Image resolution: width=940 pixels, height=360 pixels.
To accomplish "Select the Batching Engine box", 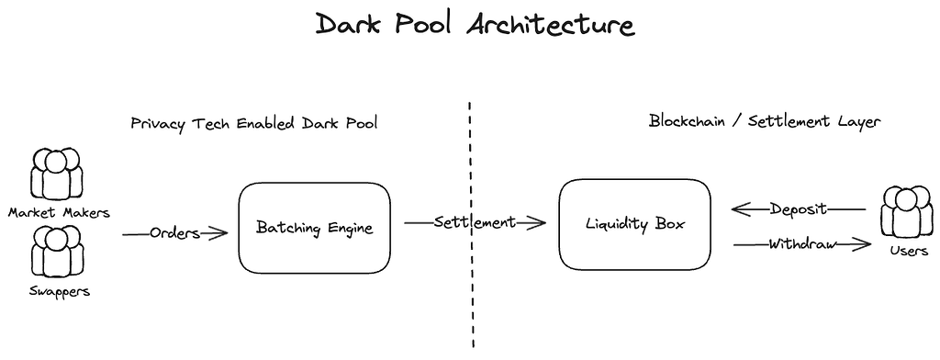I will (x=314, y=227).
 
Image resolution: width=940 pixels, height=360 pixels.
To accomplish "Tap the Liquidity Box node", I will (x=634, y=224).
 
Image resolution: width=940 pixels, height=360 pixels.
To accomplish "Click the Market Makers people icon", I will (x=58, y=175).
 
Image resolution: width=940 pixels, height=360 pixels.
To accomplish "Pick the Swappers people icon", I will (x=58, y=252).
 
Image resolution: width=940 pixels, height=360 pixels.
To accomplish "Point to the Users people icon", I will (x=906, y=212).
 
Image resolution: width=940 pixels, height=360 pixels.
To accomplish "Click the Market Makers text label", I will (x=58, y=212).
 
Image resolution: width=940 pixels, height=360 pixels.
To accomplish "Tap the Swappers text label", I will (x=58, y=291).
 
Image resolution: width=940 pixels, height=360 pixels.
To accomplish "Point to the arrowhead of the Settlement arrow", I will (x=539, y=222).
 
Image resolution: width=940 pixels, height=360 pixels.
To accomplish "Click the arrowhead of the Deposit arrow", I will (x=740, y=209).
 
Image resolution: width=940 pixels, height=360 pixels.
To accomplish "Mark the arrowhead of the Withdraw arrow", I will (x=863, y=244).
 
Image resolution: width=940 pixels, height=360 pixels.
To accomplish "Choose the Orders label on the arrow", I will (x=174, y=233).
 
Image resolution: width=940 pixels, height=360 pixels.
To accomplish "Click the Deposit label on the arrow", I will (x=799, y=208).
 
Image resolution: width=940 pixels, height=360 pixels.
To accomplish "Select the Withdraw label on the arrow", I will (x=800, y=244).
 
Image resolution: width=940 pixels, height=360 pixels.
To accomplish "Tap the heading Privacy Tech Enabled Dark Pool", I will (x=253, y=123).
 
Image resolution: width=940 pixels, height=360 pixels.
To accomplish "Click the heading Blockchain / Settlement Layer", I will (x=765, y=121).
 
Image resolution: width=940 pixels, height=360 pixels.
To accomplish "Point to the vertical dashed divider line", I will (x=472, y=294).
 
